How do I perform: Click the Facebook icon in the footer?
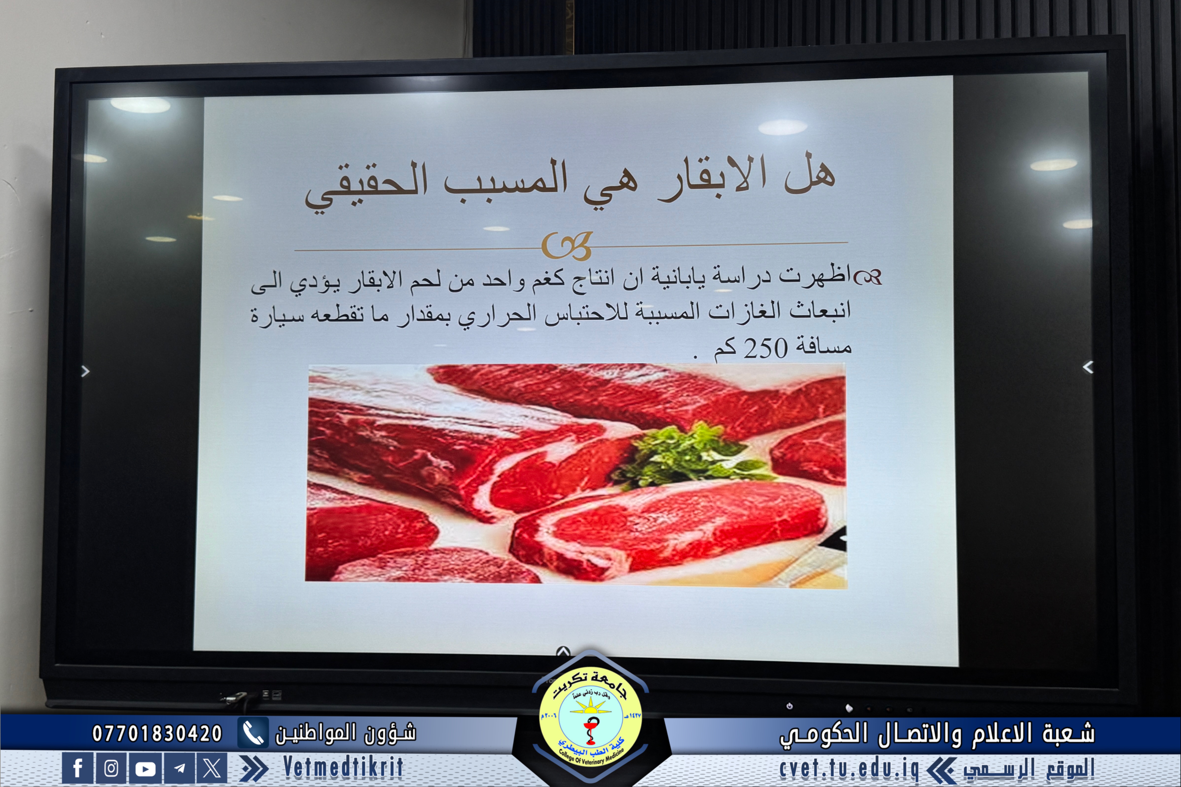pyautogui.click(x=77, y=768)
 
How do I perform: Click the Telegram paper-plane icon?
pyautogui.click(x=179, y=768)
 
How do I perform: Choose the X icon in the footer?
pyautogui.click(x=212, y=768)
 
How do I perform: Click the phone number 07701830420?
pyautogui.click(x=157, y=734)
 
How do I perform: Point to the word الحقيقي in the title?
pyautogui.click(x=367, y=188)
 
